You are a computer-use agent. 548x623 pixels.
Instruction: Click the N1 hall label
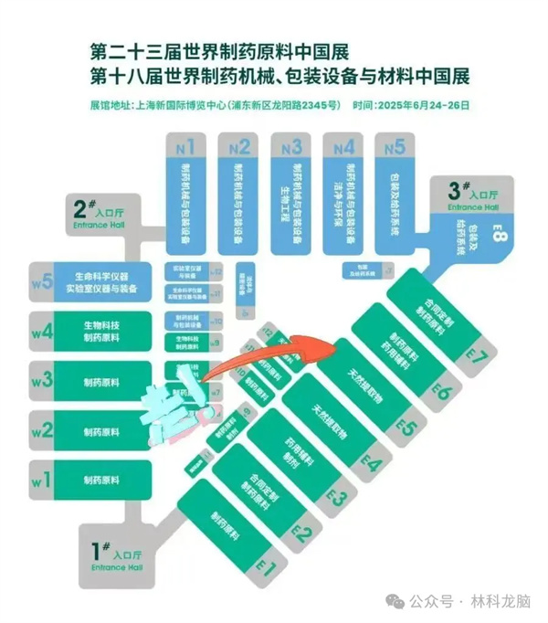(186, 146)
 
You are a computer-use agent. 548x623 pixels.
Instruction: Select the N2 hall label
(240, 146)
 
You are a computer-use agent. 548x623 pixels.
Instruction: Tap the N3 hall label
(292, 146)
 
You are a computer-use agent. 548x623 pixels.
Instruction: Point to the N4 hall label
(344, 146)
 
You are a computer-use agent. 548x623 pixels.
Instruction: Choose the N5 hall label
(395, 146)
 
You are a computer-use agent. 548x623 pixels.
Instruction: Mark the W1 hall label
(40, 477)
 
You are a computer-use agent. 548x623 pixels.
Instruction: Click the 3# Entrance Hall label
(474, 195)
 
